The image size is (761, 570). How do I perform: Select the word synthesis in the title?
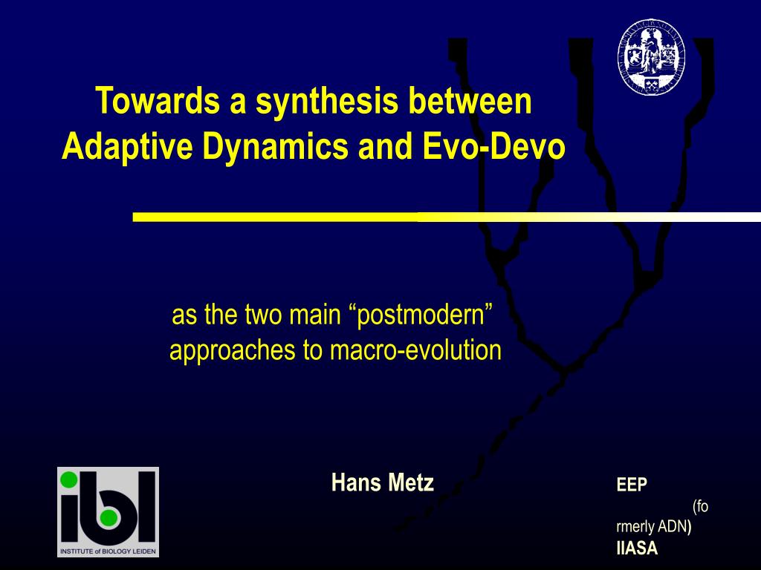[327, 101]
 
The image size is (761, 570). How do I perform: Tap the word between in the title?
[470, 100]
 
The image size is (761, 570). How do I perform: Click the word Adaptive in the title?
[127, 146]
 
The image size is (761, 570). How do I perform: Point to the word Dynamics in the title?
[275, 146]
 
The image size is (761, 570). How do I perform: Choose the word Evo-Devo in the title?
[493, 146]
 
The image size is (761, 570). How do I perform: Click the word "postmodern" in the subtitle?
[421, 315]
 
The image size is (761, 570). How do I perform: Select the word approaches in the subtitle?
[232, 351]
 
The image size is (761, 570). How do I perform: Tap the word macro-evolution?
[415, 350]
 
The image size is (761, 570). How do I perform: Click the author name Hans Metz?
[383, 482]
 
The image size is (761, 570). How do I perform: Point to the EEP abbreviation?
[632, 484]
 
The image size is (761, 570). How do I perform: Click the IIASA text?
[637, 548]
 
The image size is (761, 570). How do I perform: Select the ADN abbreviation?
[672, 526]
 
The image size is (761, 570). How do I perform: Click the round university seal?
[651, 56]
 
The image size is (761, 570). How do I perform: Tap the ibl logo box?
[109, 512]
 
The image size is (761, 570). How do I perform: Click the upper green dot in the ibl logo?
[69, 479]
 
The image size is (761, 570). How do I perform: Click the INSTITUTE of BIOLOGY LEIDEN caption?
[109, 551]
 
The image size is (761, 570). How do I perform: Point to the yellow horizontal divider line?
[447, 217]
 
